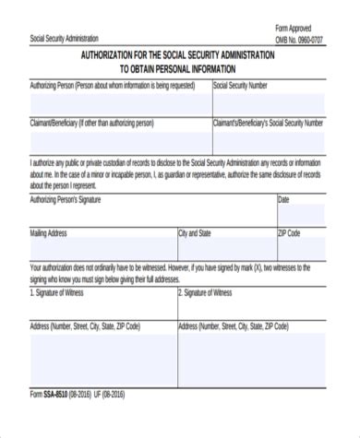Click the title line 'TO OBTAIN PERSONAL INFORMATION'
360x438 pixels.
point(177,69)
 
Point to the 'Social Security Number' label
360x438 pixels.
point(241,86)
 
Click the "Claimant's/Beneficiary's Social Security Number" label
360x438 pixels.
point(269,122)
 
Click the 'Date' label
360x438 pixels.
point(284,199)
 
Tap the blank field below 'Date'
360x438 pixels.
point(301,215)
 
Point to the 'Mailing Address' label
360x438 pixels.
point(49,233)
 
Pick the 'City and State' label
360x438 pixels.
point(195,233)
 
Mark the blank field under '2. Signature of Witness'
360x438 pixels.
point(251,309)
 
